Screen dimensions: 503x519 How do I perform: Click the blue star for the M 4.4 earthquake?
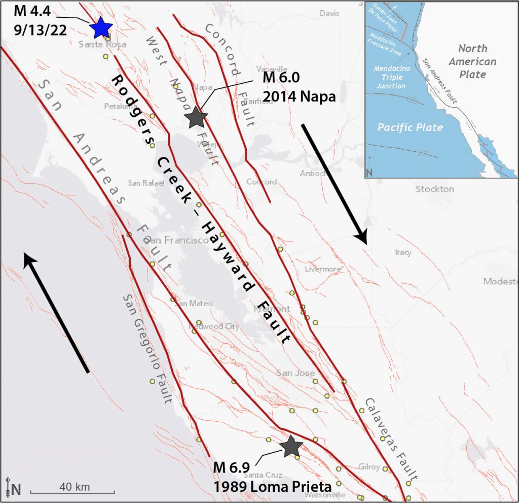point(100,27)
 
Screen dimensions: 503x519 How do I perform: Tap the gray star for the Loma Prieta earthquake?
point(291,446)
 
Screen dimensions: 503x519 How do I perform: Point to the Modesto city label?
point(500,282)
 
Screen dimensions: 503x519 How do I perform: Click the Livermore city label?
point(323,269)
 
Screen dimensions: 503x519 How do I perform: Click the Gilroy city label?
point(369,467)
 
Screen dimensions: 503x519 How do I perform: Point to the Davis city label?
point(329,14)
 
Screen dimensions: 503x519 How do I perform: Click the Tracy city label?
point(402,253)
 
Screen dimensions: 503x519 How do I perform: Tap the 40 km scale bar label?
point(75,487)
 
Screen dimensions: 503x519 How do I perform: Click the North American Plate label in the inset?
point(476,61)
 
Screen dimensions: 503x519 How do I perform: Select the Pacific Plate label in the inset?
point(410,127)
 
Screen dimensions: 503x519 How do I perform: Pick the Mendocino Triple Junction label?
point(390,77)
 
